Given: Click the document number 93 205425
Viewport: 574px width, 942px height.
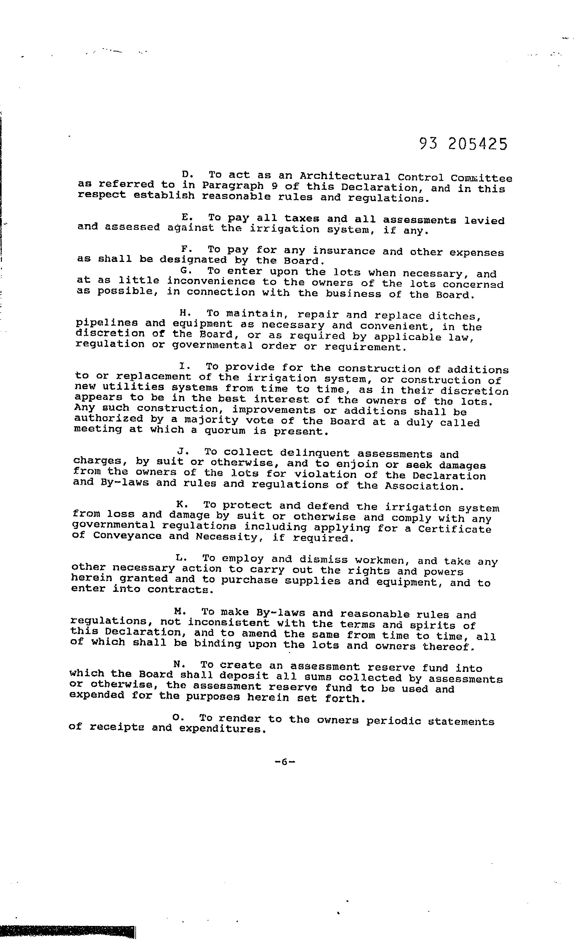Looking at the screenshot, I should pos(463,145).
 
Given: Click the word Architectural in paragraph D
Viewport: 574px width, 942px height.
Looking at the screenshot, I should pos(344,177).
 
